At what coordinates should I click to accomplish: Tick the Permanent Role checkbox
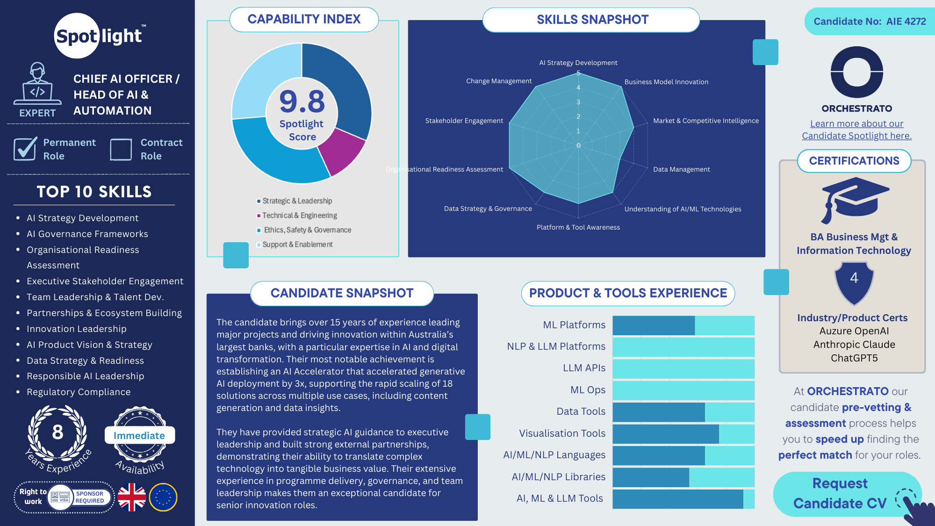(25, 149)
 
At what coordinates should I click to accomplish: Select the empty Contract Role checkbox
(121, 150)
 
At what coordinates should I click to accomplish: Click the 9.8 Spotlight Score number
(302, 101)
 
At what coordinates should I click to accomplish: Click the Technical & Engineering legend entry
(299, 216)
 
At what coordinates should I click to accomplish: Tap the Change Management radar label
(499, 81)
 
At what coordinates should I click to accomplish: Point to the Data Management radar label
(681, 169)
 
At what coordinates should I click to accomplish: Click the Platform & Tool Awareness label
(578, 227)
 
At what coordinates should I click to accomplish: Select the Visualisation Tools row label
(562, 433)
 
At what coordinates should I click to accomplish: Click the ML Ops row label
(588, 390)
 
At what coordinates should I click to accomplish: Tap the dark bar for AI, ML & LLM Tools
(677, 499)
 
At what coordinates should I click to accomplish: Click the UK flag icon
(132, 497)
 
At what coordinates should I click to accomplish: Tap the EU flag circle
(163, 497)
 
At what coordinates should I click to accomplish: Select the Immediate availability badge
(139, 435)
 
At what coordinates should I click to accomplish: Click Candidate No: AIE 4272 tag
(870, 22)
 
